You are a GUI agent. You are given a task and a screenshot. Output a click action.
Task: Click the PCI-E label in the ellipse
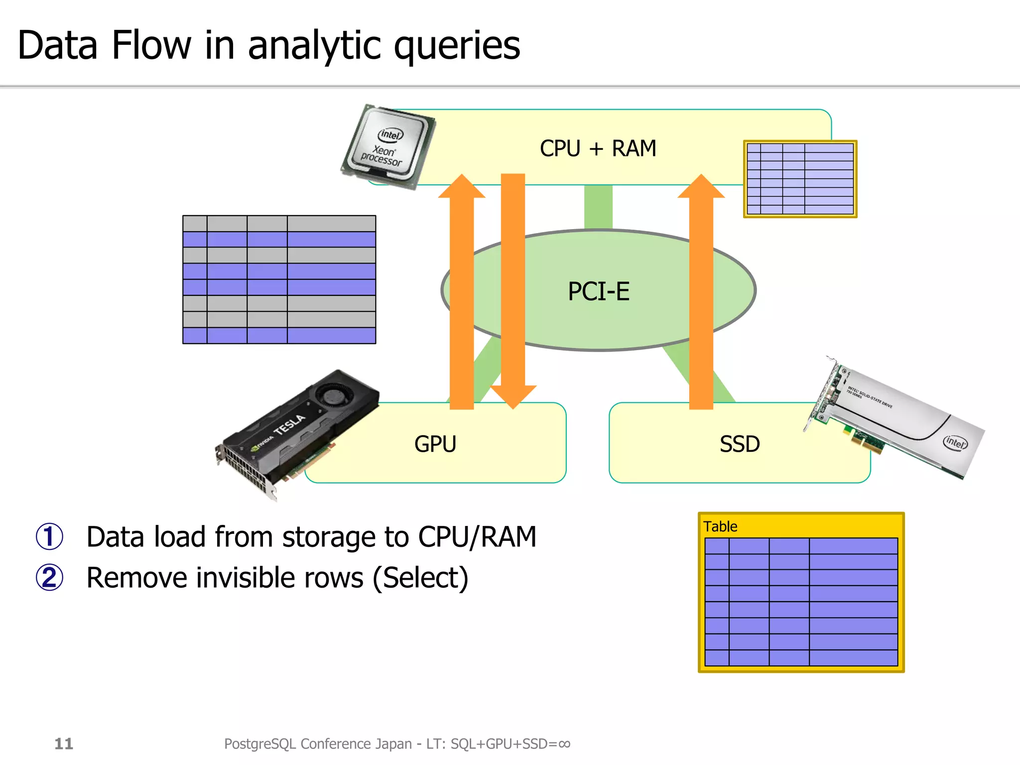(598, 291)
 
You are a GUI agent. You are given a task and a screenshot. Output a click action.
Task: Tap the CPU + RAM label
(598, 148)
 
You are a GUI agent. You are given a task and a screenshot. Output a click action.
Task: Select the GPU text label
(435, 444)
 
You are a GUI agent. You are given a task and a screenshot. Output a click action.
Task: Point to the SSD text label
(740, 444)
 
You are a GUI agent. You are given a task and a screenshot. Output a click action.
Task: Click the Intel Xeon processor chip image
(388, 146)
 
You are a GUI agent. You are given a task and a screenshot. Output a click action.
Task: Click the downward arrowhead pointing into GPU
(513, 396)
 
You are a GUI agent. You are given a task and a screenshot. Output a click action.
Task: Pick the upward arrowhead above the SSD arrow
(701, 187)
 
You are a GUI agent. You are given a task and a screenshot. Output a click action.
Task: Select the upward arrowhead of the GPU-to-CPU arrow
(462, 187)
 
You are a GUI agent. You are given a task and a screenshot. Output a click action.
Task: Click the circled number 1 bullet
(49, 537)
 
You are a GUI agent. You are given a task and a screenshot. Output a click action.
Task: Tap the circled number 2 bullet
(49, 578)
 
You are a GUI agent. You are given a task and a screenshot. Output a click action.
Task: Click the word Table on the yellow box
(720, 526)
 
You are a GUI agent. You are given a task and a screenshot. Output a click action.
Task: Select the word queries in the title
(457, 46)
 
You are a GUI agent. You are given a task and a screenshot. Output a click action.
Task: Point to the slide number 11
(64, 744)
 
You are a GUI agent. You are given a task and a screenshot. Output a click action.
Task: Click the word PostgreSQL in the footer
(260, 744)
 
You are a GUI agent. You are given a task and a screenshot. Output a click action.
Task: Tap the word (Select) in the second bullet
(420, 578)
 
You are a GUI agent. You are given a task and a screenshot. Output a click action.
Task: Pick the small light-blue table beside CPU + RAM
(800, 179)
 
